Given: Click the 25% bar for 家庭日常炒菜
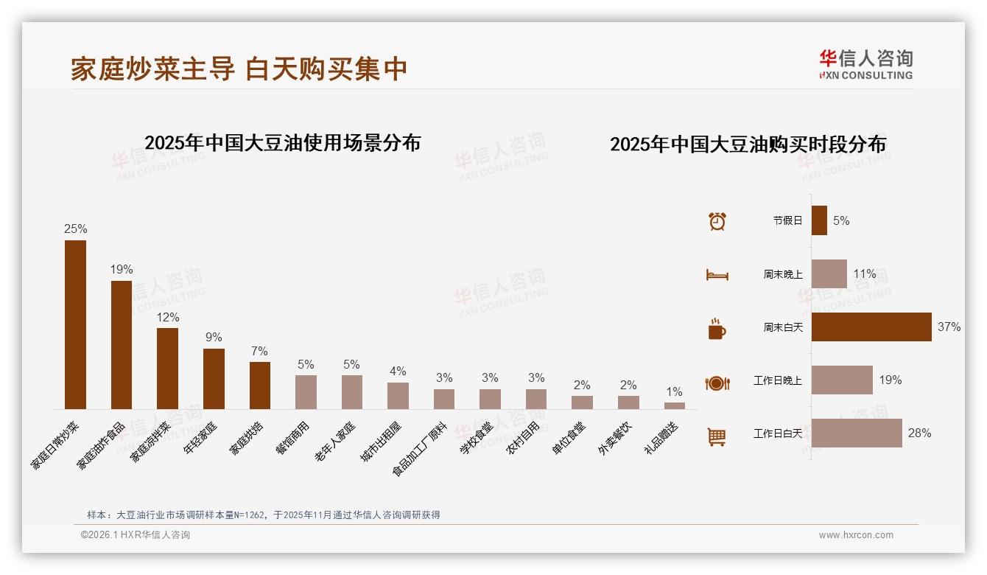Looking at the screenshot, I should point(75,324).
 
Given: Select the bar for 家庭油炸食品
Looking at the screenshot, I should point(122,344).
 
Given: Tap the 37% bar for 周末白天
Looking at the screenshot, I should point(871,327).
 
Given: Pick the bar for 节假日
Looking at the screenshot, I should point(819,220).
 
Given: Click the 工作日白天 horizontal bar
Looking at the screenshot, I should point(857,433).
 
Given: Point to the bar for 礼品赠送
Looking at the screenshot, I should point(674,405).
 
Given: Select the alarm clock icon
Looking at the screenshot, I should point(717,221).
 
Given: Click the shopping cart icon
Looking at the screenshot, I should point(717,437).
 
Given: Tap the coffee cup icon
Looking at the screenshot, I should point(717,329).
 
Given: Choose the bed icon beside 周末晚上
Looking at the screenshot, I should point(717,275).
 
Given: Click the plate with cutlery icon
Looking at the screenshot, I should point(717,383).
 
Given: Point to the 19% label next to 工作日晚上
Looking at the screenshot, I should point(890,380).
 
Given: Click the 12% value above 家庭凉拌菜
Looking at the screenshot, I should point(167,318).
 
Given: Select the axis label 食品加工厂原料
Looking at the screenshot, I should point(420,450).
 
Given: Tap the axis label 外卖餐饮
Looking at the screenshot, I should point(614,439).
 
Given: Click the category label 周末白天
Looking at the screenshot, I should point(783,327).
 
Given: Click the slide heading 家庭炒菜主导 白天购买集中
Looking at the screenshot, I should point(239,69).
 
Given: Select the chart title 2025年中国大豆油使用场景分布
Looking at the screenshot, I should point(282,143).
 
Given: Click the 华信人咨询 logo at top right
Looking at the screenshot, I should point(865,64).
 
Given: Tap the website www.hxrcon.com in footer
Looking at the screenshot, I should point(856,535).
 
